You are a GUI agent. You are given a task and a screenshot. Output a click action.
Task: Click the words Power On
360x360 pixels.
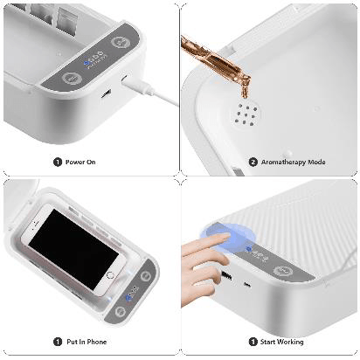[80, 162]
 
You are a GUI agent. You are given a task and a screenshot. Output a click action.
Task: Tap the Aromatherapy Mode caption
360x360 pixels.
[293, 162]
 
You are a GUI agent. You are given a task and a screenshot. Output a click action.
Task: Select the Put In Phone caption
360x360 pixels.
[87, 342]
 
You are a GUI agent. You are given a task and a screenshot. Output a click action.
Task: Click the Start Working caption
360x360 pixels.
[281, 342]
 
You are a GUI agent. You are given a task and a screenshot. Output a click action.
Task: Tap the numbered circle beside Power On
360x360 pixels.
[58, 162]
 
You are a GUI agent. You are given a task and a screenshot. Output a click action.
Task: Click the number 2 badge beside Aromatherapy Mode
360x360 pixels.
[253, 162]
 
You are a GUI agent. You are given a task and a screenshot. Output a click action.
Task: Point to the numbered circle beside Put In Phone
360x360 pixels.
[58, 342]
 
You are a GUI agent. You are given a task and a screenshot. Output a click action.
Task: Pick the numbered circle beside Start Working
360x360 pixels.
[253, 342]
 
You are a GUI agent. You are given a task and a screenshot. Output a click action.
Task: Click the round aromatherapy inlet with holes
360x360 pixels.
[246, 114]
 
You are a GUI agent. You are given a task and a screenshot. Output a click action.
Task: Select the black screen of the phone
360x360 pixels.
[73, 250]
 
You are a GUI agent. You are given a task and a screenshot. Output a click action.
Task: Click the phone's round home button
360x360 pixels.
[110, 275]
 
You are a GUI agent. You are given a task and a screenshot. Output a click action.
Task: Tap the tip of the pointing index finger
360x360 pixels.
[229, 236]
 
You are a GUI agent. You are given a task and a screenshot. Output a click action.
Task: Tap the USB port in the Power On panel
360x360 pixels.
[106, 93]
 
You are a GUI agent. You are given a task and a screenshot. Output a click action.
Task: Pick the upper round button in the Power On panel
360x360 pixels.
[121, 43]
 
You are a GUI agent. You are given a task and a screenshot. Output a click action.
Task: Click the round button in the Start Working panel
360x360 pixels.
[283, 271]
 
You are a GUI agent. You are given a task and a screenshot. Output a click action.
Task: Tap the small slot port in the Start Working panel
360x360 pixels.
[247, 285]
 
